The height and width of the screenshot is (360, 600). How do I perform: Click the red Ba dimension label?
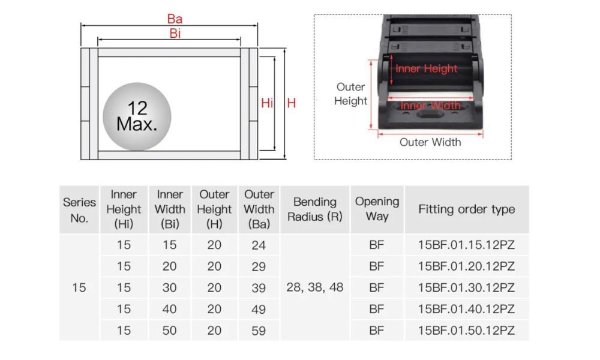[175, 19]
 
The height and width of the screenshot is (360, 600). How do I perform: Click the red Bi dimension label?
[175, 34]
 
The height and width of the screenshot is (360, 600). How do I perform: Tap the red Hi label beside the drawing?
[267, 103]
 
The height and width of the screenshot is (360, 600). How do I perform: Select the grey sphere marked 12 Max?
[137, 116]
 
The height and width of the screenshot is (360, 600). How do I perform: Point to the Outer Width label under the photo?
[430, 142]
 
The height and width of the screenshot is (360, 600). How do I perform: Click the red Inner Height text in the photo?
[426, 69]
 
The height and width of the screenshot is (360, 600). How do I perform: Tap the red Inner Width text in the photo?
[430, 106]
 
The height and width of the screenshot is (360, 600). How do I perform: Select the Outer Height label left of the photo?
[350, 94]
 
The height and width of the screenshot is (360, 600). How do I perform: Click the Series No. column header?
[79, 210]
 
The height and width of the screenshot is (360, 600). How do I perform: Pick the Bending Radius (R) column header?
[315, 209]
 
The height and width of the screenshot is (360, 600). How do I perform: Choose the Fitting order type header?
[466, 209]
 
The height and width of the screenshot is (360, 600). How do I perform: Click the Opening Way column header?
[377, 209]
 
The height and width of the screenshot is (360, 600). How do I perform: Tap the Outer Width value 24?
[259, 245]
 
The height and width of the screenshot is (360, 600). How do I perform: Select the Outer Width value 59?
[259, 331]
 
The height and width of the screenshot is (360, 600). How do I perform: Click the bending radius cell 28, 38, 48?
[315, 287]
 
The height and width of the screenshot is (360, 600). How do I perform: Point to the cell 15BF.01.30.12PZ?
[466, 288]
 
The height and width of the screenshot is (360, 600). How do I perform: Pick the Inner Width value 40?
[170, 309]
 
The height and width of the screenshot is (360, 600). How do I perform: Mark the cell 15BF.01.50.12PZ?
[466, 331]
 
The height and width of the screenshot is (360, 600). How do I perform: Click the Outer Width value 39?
[259, 288]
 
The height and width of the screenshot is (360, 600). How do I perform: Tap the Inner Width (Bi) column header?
[170, 209]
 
